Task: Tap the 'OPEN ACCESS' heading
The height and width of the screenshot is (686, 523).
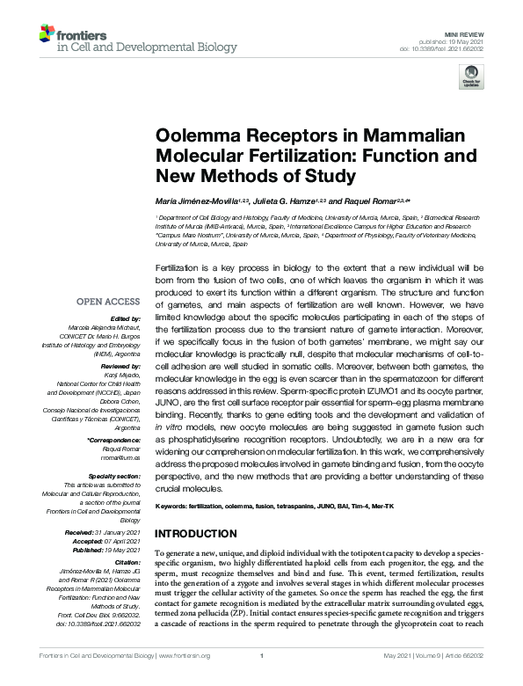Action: [110, 299]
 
